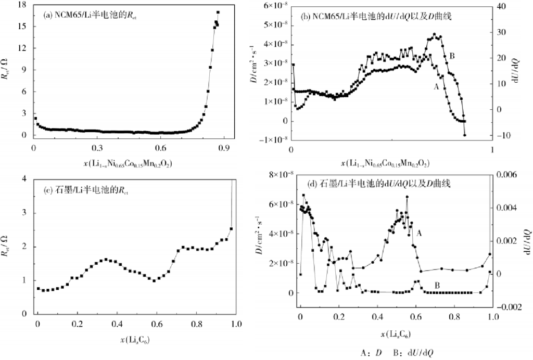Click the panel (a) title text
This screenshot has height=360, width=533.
(x=93, y=15)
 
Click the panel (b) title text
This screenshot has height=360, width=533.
(x=376, y=17)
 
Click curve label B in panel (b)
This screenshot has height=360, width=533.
(x=452, y=56)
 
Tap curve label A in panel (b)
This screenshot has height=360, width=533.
(x=436, y=87)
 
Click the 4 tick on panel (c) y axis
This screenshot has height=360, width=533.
(x=24, y=178)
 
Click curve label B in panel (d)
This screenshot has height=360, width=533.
(x=437, y=285)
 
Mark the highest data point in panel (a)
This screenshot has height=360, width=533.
(x=218, y=12)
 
